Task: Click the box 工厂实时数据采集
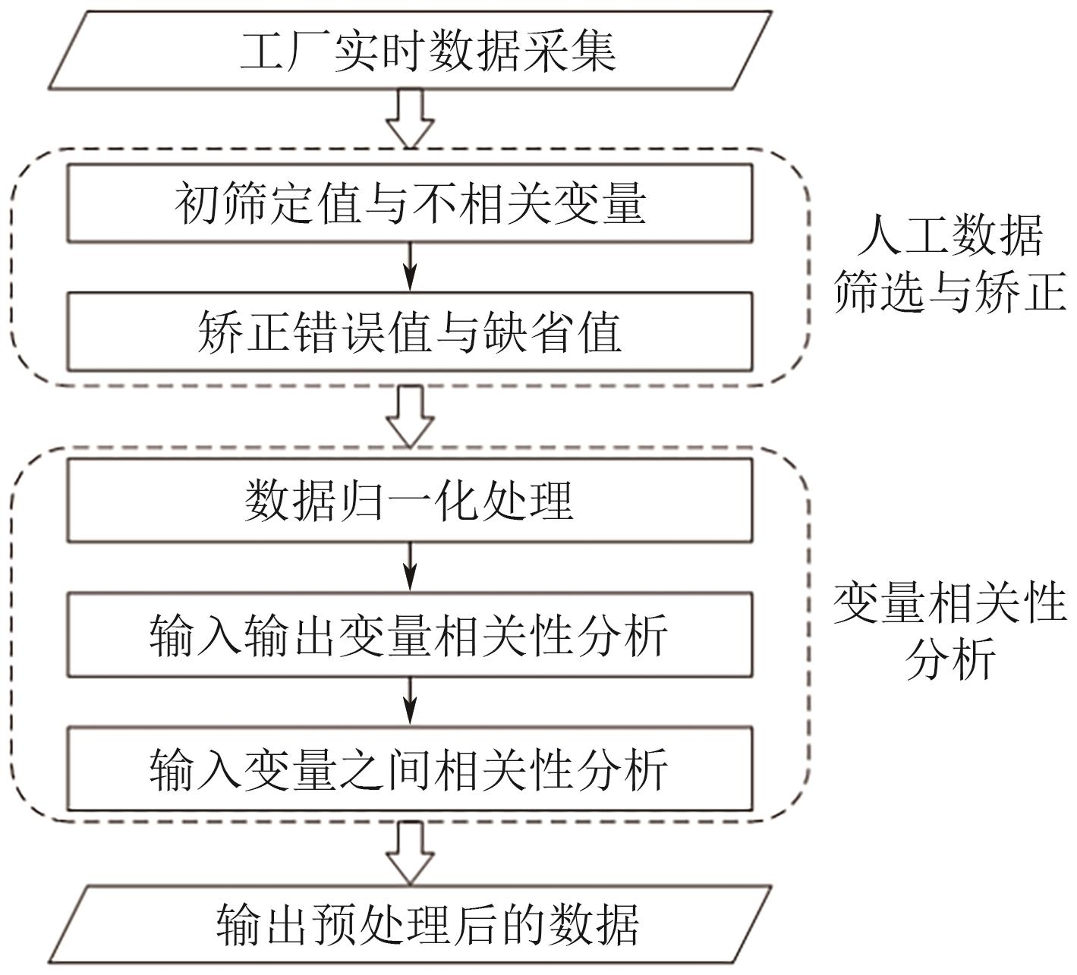[x=410, y=50]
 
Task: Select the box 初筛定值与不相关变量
[x=410, y=203]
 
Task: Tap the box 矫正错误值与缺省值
[x=410, y=332]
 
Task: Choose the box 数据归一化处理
[x=410, y=500]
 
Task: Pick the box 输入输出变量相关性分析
[x=410, y=634]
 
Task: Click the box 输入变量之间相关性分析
[x=410, y=769]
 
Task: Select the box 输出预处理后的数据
[x=410, y=924]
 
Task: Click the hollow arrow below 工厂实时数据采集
[x=410, y=118]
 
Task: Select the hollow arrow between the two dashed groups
[x=410, y=416]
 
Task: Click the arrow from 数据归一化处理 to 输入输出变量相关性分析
[x=410, y=566]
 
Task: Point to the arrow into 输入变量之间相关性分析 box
[x=410, y=700]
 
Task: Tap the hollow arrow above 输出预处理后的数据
[x=410, y=852]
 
